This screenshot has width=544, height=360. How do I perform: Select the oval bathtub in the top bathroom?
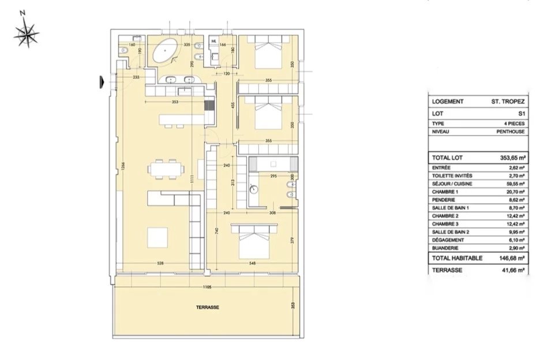(166, 52)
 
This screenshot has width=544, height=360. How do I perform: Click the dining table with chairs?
(166, 169)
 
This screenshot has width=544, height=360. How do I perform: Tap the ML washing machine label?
(213, 42)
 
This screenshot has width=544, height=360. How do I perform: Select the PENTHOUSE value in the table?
(511, 132)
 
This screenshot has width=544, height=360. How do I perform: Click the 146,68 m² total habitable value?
(511, 258)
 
